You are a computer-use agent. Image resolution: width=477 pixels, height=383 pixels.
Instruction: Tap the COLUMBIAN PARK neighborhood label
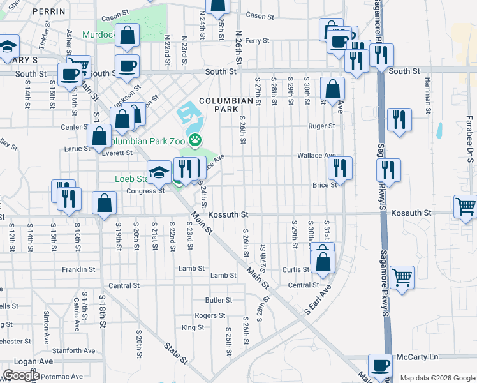click(226, 105)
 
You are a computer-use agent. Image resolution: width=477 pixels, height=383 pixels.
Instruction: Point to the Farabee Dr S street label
click(467, 147)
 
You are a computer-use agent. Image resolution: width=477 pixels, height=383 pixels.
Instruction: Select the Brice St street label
click(324, 185)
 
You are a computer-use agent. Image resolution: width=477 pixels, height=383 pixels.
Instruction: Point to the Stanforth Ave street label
click(73, 350)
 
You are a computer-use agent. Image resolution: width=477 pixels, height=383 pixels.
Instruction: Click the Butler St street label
click(218, 300)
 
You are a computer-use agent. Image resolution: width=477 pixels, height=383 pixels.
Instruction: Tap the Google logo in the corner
click(21, 375)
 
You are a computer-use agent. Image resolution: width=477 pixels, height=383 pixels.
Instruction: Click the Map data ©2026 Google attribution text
click(437, 378)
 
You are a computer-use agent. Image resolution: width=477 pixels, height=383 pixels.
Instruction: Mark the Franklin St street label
click(78, 269)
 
